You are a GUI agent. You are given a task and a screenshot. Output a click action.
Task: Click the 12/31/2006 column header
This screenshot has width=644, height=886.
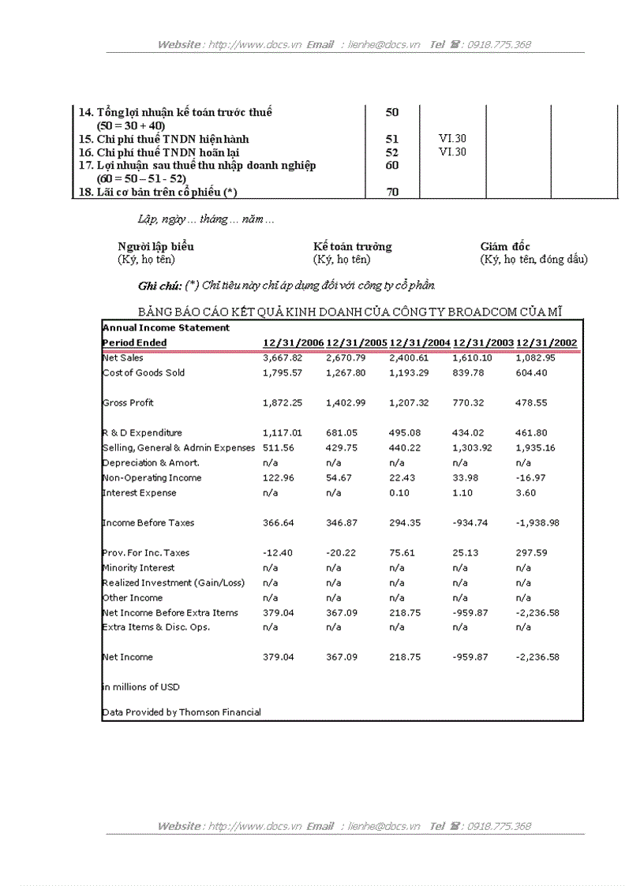click(293, 343)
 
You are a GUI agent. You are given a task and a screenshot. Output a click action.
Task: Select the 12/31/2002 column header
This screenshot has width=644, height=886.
click(546, 343)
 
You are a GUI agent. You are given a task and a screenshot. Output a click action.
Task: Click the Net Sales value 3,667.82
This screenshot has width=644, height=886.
click(283, 358)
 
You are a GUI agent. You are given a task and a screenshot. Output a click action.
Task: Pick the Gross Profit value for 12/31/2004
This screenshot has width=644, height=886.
click(409, 403)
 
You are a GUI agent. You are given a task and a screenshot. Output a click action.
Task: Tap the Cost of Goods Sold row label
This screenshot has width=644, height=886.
click(144, 373)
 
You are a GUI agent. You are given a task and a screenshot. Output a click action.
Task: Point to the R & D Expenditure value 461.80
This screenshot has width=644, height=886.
click(531, 433)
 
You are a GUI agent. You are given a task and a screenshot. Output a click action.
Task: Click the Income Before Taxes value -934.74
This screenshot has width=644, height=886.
click(473, 523)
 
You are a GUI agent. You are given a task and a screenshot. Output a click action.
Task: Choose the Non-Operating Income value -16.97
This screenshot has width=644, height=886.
click(531, 478)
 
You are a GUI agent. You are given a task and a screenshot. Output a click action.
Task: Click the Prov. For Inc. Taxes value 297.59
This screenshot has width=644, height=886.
click(531, 553)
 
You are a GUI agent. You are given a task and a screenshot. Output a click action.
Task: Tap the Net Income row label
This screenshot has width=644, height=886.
click(128, 657)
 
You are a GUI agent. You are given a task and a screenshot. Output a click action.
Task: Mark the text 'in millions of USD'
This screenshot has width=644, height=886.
click(141, 687)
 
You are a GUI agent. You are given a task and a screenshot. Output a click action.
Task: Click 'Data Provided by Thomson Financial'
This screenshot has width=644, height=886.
click(182, 712)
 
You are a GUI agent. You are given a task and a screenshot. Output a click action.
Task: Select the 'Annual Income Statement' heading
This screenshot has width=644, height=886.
click(167, 328)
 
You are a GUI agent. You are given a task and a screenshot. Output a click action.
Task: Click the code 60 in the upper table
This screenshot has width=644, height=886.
click(392, 165)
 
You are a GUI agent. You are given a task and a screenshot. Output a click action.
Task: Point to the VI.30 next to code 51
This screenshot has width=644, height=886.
click(452, 139)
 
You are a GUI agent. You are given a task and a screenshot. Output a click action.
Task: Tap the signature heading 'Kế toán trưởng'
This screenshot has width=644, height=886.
click(352, 247)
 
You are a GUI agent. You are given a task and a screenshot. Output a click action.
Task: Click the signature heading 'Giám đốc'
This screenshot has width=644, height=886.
click(505, 247)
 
